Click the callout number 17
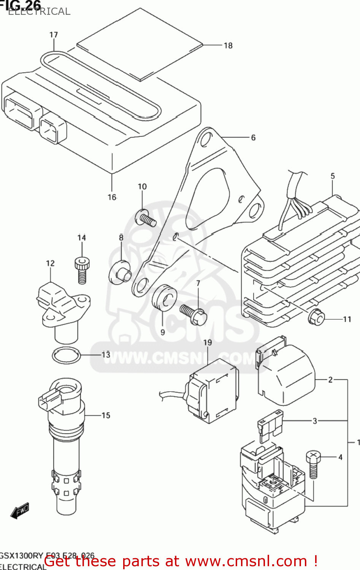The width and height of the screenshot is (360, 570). click(x=54, y=35)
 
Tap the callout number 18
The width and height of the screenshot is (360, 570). click(x=228, y=46)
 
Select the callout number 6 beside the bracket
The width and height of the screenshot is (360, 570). click(x=253, y=138)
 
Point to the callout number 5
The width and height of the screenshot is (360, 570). click(x=333, y=176)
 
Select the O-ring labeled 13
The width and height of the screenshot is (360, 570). click(x=66, y=356)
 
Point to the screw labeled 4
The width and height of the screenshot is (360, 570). click(x=313, y=464)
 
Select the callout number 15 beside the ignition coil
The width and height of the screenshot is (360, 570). click(x=106, y=415)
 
